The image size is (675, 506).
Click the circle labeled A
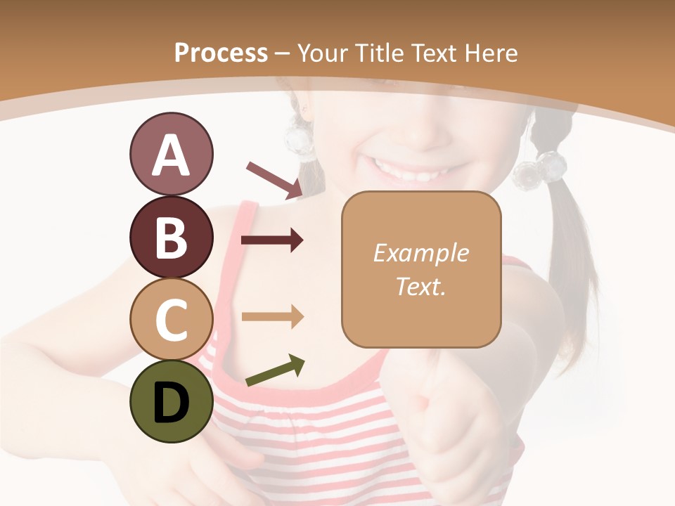click(171, 155)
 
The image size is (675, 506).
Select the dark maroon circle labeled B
click(171, 237)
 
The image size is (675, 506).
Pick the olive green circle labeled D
click(171, 401)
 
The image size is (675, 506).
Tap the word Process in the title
click(221, 53)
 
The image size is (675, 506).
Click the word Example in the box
click(420, 254)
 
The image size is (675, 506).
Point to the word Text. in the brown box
click(420, 286)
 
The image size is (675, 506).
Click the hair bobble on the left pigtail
click(302, 141)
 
